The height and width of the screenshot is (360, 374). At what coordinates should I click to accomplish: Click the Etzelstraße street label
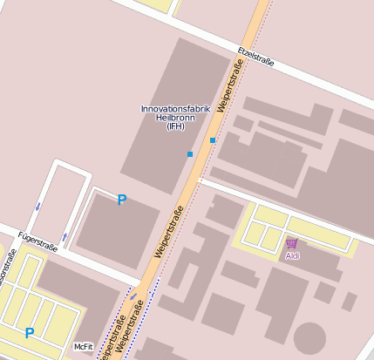255,58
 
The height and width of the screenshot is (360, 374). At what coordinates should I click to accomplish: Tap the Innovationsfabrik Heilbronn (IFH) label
164,117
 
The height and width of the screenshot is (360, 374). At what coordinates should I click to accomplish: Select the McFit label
84,347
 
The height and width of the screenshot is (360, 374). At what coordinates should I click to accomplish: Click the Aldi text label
292,256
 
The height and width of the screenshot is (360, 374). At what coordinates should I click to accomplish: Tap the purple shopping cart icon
292,243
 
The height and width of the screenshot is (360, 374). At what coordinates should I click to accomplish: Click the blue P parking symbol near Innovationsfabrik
122,200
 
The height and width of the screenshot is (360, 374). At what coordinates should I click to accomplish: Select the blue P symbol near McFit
30,332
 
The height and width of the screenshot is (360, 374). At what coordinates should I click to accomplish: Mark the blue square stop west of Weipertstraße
190,154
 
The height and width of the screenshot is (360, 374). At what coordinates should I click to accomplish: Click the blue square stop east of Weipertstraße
213,139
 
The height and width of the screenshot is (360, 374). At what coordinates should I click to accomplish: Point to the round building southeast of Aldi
309,337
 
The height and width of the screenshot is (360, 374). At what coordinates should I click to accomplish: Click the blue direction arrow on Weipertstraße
133,297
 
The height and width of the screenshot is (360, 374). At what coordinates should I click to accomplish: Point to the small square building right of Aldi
349,302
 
